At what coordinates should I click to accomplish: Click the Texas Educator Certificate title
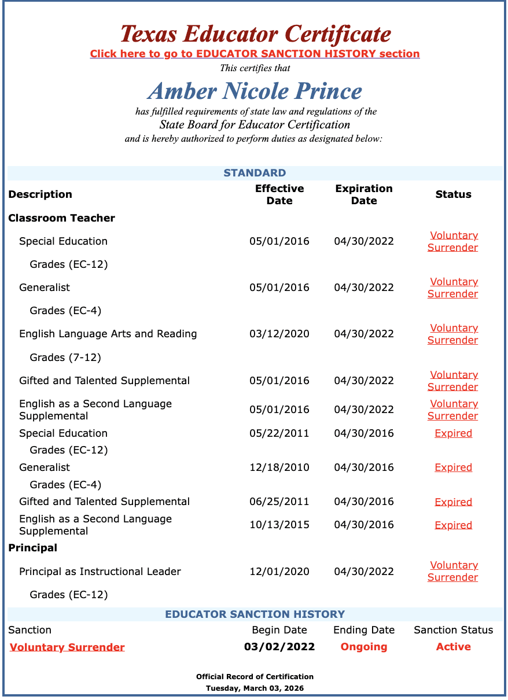pos(255,34)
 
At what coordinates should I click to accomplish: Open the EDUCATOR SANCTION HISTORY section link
pos(255,54)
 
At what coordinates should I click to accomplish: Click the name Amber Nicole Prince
pos(255,91)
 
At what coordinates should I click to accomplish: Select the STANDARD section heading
pos(255,173)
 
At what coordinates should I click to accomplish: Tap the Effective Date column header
pos(279,194)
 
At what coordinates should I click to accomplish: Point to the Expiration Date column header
pos(364,194)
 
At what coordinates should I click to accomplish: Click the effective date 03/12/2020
pos(279,334)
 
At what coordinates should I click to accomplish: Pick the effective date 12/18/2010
pos(279,467)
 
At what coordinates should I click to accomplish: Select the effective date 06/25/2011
pos(279,502)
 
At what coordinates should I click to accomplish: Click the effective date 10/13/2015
pos(279,525)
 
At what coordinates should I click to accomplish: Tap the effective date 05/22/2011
pos(279,433)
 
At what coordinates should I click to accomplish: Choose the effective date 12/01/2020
pos(279,572)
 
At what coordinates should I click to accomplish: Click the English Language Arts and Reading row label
pos(108,334)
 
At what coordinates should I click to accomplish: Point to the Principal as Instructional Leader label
pos(100,572)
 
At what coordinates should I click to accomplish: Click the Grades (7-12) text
pos(65,358)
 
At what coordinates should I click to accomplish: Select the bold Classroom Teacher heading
pos(62,218)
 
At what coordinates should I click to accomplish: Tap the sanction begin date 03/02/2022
pos(279,647)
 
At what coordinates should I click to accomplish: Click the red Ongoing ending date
pos(364,647)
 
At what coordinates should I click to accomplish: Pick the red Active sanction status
pos(454,647)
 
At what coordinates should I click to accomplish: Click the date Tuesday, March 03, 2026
pos(255,688)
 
